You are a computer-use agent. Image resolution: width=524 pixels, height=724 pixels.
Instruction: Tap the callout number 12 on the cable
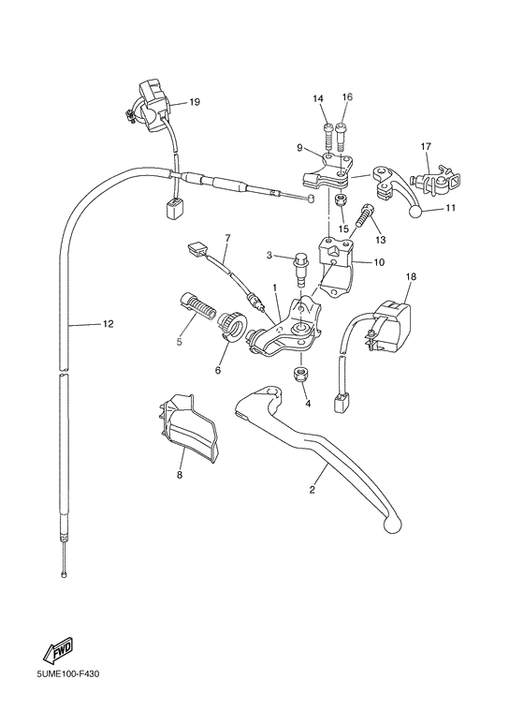pyautogui.click(x=108, y=324)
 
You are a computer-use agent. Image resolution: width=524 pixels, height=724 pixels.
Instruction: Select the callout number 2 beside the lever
pyautogui.click(x=313, y=489)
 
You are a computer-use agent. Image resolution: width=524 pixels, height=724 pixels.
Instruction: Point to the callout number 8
pyautogui.click(x=179, y=475)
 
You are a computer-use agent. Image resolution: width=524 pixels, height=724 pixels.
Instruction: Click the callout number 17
pyautogui.click(x=425, y=146)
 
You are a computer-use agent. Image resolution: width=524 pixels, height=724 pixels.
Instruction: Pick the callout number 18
pyautogui.click(x=410, y=277)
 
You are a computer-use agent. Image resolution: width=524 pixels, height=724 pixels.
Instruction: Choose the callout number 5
pyautogui.click(x=179, y=343)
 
